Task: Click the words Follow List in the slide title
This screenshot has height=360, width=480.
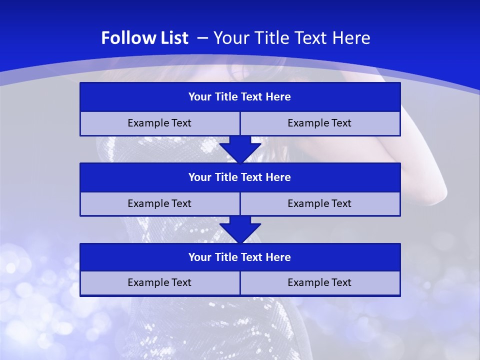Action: pos(144,38)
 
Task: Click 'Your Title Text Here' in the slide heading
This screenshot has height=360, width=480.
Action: pos(291,38)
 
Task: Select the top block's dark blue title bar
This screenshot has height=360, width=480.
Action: pos(240,97)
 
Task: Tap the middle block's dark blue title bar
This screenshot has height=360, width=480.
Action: pos(240,177)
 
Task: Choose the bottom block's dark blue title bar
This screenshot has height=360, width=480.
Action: pos(240,257)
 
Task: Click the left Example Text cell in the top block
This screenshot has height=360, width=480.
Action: pos(159,123)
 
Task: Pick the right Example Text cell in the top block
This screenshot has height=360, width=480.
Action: pos(320,123)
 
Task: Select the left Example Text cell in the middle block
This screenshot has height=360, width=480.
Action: pos(159,204)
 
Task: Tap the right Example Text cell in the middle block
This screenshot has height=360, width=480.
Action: pos(320,204)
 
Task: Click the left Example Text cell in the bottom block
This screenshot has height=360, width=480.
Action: pos(159,283)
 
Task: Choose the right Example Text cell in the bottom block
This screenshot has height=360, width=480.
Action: pos(320,283)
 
